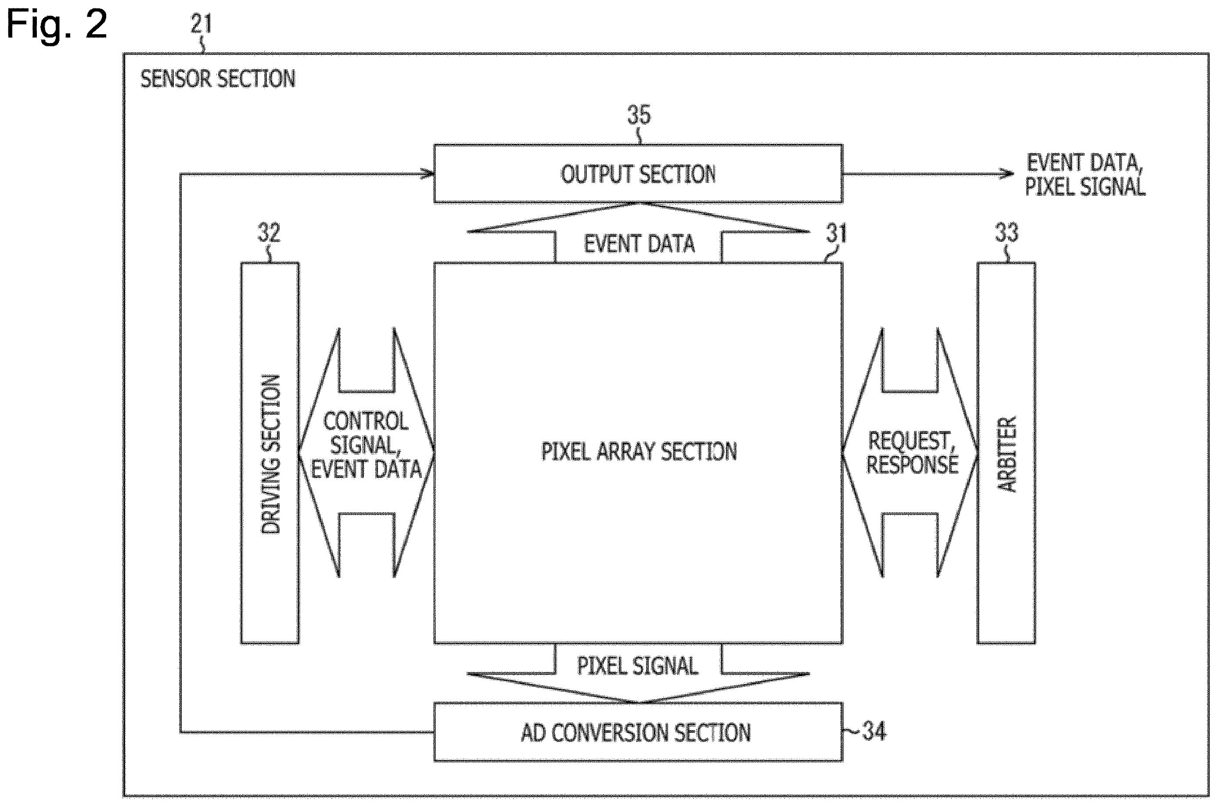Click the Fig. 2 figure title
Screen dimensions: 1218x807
[57, 24]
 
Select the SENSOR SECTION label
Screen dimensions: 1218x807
[218, 79]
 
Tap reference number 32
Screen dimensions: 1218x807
[269, 233]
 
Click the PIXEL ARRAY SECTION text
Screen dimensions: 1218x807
[639, 452]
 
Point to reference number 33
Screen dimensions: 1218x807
[1006, 233]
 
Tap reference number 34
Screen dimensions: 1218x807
[874, 732]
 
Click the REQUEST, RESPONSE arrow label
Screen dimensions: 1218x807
[912, 453]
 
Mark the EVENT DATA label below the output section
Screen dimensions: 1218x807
[639, 244]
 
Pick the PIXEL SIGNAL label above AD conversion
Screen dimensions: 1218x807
[637, 666]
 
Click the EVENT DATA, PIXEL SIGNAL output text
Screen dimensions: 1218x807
[1085, 175]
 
